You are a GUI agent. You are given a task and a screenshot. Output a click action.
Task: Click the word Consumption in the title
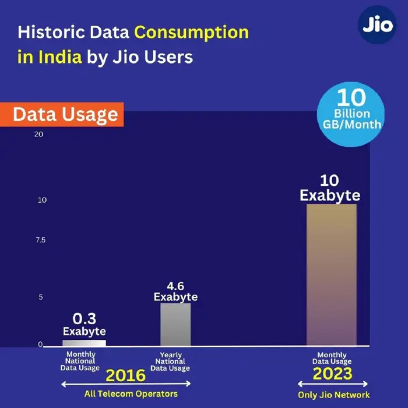[x=192, y=31]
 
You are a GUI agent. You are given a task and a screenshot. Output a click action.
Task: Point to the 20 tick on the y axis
[x=39, y=134]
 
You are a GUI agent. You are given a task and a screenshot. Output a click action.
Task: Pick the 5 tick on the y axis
[x=41, y=297]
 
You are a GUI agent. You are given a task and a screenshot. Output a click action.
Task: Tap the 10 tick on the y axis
[x=41, y=200]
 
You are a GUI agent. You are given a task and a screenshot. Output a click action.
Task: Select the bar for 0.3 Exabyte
[x=84, y=343]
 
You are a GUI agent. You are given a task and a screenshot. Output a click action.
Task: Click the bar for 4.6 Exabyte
[x=175, y=325]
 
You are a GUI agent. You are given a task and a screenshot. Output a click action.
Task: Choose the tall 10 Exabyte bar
[x=331, y=275]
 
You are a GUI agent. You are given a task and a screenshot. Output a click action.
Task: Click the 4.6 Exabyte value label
[x=175, y=291]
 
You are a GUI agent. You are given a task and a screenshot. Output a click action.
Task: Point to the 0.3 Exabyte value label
[x=85, y=325]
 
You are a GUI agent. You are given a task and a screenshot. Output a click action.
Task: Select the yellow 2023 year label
[x=333, y=373]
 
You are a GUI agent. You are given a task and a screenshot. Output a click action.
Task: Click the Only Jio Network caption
[x=333, y=395]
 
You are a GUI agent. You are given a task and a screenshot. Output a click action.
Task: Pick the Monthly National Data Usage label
[x=80, y=361]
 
